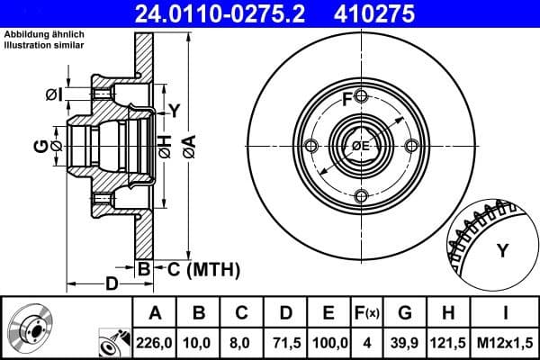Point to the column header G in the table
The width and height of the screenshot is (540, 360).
(x=405, y=313)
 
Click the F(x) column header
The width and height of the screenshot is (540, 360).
(x=369, y=313)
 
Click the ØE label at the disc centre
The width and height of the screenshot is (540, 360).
(x=360, y=146)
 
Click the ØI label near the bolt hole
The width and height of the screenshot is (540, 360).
(x=53, y=94)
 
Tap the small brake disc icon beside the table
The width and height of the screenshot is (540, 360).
(x=32, y=328)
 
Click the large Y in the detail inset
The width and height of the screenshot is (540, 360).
(x=503, y=249)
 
